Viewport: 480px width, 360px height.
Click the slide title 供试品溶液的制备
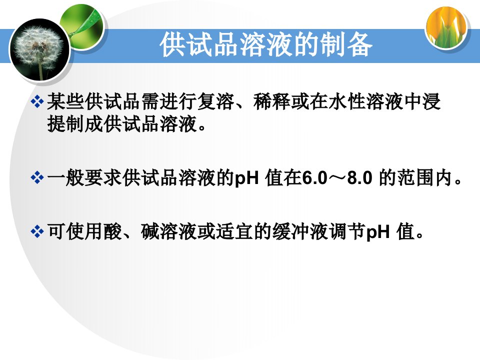(266, 44)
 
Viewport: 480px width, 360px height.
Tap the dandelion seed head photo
(40, 49)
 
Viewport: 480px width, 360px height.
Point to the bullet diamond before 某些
(37, 101)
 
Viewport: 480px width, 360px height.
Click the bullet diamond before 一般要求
(37, 178)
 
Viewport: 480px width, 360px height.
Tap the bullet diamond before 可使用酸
(37, 231)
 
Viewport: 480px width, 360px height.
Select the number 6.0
(314, 178)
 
